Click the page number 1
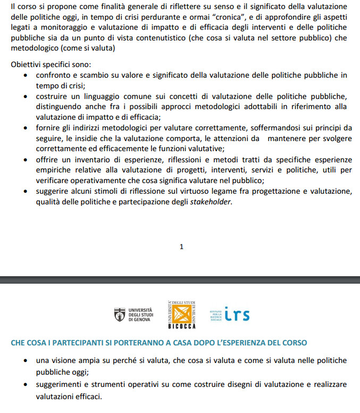[x=181, y=246]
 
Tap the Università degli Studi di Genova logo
[x=133, y=314]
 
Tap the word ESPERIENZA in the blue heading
[x=232, y=343]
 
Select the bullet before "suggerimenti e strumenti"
[x=26, y=384]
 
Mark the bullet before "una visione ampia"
[x=26, y=361]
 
